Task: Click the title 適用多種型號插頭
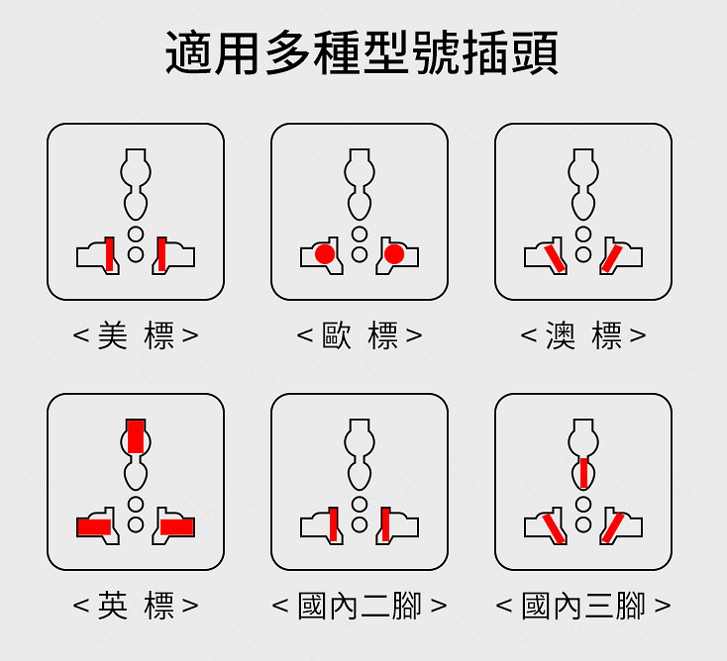click(x=362, y=53)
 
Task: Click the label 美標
click(x=136, y=335)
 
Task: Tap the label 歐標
click(x=360, y=335)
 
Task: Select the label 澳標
click(x=583, y=335)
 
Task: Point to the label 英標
click(x=136, y=606)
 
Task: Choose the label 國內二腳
click(x=360, y=606)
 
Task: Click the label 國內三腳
click(x=583, y=606)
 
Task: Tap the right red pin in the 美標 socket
click(x=161, y=254)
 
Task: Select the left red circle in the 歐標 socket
click(x=324, y=255)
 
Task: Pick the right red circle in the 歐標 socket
click(x=394, y=255)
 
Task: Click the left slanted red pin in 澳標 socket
click(x=553, y=256)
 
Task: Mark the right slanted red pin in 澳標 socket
click(x=612, y=257)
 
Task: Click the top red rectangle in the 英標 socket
click(x=136, y=435)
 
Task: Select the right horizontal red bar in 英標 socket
click(x=178, y=527)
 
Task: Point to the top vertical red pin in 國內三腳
click(x=584, y=473)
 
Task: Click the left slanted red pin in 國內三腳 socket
click(x=553, y=527)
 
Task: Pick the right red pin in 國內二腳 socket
click(x=385, y=523)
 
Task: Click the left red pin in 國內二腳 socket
click(x=334, y=523)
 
